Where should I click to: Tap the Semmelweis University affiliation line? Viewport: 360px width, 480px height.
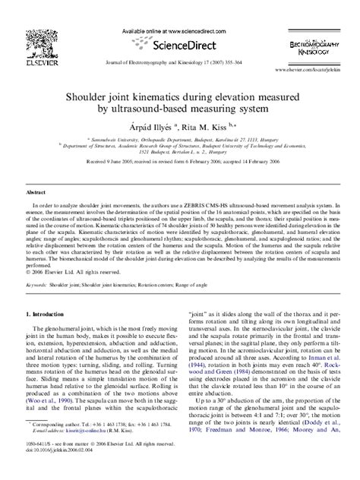[x=179, y=141]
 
